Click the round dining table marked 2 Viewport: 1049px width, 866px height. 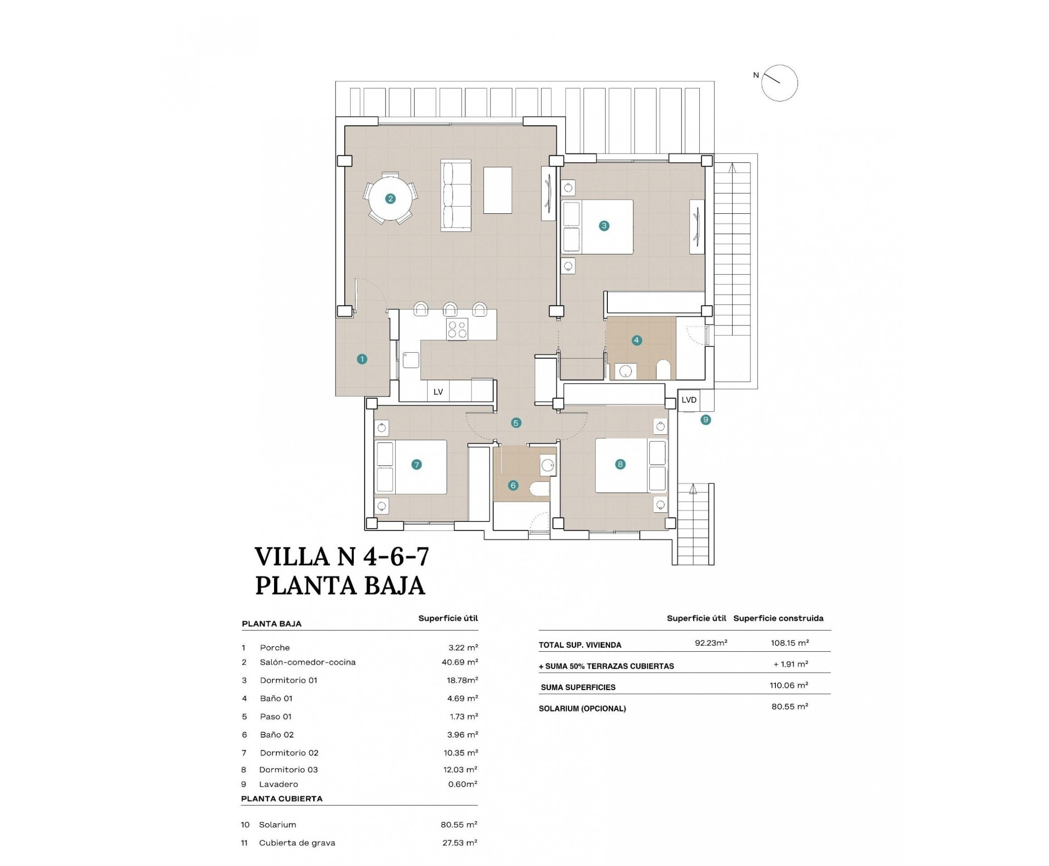[390, 199]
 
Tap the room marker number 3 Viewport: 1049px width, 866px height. [603, 226]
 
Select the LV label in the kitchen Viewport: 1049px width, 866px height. [438, 392]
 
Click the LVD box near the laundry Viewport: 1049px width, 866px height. [689, 400]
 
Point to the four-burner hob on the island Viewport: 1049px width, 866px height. [457, 329]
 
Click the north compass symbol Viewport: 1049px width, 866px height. [779, 83]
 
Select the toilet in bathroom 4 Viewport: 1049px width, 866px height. [663, 370]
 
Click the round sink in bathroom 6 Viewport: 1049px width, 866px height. [548, 465]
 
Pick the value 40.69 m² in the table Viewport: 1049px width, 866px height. [462, 662]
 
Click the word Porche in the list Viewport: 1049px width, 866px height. [275, 648]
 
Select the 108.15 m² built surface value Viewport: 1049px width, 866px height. [789, 643]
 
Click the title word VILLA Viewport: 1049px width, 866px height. [291, 557]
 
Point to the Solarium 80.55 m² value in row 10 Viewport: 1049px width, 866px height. [458, 825]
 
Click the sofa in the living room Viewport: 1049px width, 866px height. [455, 196]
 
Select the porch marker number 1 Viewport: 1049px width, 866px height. [362, 359]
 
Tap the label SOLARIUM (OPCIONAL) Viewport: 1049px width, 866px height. [582, 708]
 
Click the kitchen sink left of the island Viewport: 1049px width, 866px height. [411, 360]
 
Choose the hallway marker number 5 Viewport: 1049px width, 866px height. [516, 423]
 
